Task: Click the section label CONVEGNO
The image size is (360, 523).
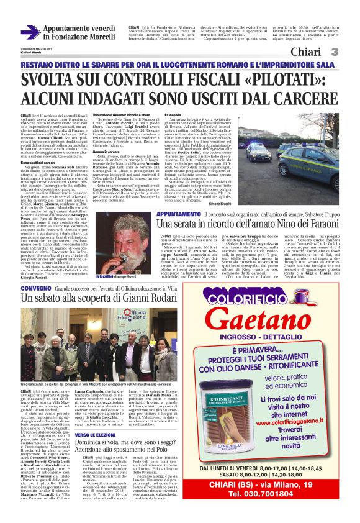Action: tap(32, 289)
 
